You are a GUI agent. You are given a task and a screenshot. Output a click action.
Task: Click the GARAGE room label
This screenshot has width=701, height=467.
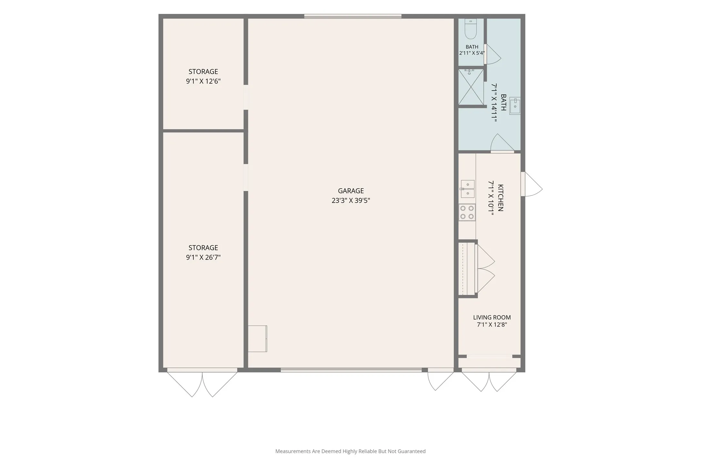click(351, 191)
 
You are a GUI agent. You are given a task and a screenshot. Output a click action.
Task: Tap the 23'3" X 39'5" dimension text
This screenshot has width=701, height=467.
click(351, 200)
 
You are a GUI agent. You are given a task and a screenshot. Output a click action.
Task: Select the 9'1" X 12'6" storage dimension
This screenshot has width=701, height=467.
click(203, 81)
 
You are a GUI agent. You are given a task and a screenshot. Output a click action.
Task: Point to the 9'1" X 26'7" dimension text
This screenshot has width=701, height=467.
click(203, 257)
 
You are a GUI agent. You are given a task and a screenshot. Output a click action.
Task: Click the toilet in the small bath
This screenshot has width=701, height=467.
click(471, 29)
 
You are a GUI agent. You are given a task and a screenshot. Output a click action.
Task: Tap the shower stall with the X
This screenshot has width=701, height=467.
click(471, 87)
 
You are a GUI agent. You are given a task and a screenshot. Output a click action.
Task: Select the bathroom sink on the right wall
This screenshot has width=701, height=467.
click(515, 106)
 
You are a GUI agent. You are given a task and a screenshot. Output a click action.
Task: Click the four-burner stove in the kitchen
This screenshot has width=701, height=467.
click(467, 212)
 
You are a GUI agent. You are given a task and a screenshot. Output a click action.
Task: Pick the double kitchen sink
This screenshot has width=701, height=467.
click(467, 189)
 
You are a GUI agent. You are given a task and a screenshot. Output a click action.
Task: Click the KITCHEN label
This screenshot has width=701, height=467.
click(501, 198)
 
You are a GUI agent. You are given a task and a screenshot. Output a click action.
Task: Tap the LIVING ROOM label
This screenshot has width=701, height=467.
click(492, 317)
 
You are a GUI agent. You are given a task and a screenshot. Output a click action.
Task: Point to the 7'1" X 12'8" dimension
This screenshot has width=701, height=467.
click(492, 324)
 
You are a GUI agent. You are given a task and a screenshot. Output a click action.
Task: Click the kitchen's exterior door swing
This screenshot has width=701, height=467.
click(531, 184)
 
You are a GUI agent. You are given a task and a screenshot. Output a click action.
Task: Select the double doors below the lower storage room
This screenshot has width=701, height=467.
click(202, 384)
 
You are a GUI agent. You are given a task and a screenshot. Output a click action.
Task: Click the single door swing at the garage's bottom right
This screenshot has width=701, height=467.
click(441, 381)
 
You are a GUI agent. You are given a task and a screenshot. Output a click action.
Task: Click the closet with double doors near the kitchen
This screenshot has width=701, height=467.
click(477, 269)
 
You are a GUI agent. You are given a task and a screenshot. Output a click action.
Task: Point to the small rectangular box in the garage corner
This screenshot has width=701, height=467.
click(257, 339)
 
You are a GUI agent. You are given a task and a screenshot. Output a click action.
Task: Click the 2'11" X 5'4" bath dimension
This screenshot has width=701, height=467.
click(472, 53)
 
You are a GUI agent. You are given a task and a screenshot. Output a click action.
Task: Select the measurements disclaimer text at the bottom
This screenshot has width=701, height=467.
click(350, 451)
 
